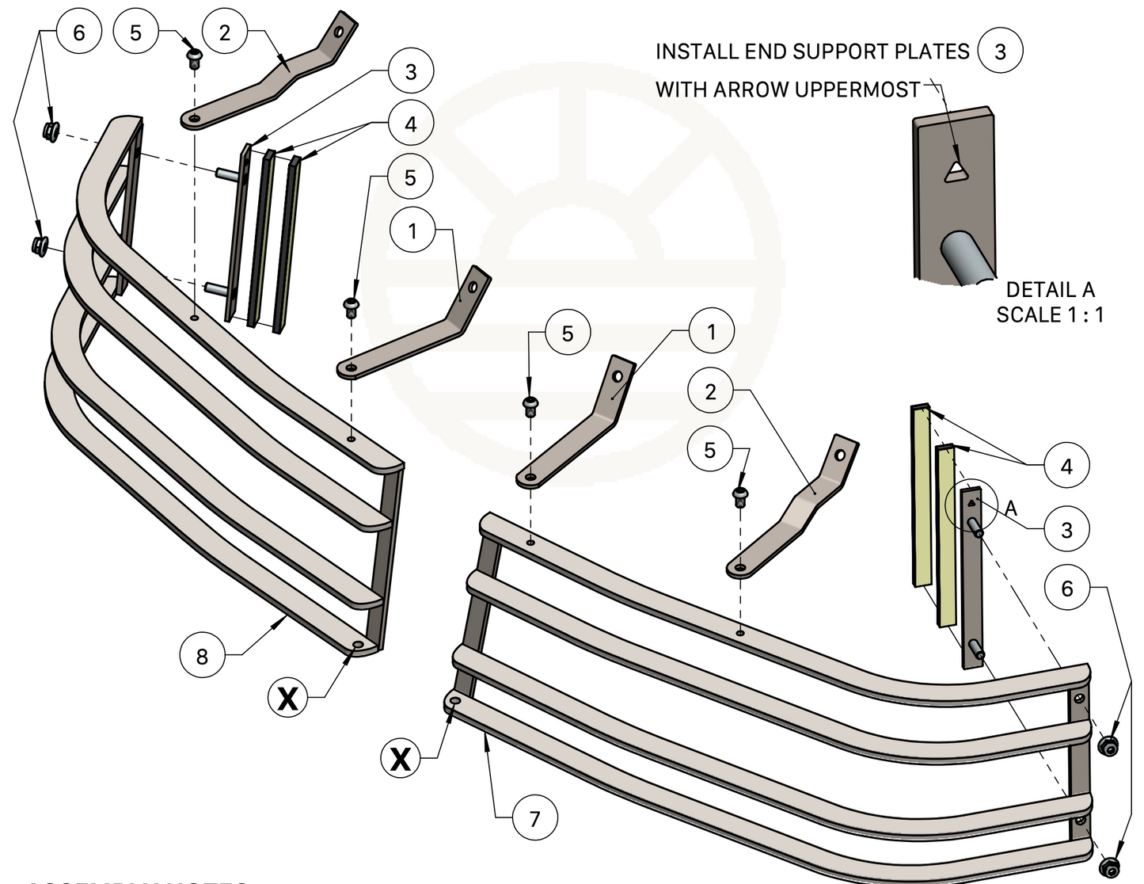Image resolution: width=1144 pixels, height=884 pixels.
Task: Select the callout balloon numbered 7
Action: click(534, 817)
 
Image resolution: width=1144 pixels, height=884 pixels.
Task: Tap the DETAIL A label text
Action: click(1050, 290)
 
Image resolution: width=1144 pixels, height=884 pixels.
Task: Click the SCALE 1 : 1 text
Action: click(1050, 314)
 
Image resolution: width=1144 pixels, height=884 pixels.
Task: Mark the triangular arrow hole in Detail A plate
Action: click(956, 171)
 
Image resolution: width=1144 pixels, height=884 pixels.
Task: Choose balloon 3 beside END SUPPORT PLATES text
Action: click(1000, 51)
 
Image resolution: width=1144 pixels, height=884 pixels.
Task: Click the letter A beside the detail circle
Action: click(1011, 508)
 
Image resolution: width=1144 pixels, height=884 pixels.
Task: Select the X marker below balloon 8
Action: click(288, 698)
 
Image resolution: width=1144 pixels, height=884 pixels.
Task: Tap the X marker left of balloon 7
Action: click(401, 758)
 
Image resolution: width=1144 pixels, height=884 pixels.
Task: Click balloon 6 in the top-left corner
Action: click(78, 32)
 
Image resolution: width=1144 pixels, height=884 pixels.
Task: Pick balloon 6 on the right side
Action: click(1067, 588)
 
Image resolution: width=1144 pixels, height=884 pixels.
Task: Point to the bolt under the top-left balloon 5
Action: click(193, 57)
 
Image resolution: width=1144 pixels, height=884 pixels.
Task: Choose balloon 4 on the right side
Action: click(1066, 466)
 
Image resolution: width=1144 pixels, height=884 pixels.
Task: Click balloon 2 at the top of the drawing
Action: click(225, 32)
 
